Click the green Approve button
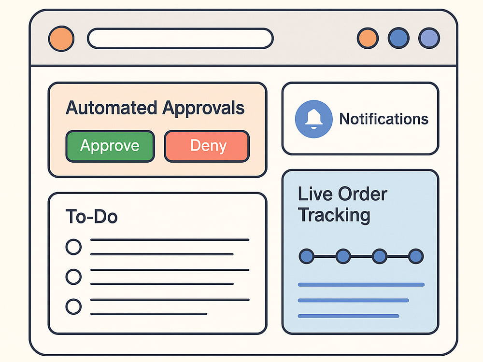[110, 146]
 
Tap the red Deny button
[207, 146]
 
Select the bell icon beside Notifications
[313, 119]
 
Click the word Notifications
[384, 119]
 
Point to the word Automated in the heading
[112, 108]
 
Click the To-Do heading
[91, 216]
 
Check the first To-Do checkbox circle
[73, 247]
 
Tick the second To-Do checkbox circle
[73, 277]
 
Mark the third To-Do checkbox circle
[73, 306]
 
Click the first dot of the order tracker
[307, 256]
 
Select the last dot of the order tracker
[416, 256]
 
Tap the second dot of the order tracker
[343, 256]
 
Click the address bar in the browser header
[180, 39]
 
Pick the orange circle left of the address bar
[61, 39]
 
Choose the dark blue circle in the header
[398, 38]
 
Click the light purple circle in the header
[429, 38]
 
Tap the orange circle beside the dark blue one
[368, 38]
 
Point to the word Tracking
[334, 215]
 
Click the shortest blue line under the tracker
[348, 316]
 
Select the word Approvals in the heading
[203, 108]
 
